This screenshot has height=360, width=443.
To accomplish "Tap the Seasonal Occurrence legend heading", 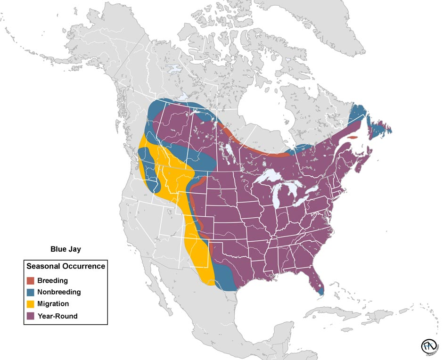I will pos(66,266).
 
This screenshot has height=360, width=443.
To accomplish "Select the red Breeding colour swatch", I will pos(31,281).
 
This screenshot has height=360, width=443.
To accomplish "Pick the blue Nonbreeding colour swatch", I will pos(31,292).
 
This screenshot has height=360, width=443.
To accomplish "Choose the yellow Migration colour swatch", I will pos(31,304).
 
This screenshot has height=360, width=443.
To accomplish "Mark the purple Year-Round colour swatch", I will pos(31,316).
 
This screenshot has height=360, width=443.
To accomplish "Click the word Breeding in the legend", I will pos(52,281).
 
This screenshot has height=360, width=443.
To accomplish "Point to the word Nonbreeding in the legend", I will pos(59,292).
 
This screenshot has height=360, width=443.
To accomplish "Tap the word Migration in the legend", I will pos(53,304).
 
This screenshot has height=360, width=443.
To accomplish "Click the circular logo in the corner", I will pos(429,346).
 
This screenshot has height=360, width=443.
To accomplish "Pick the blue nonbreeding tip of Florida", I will pos(320,292).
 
